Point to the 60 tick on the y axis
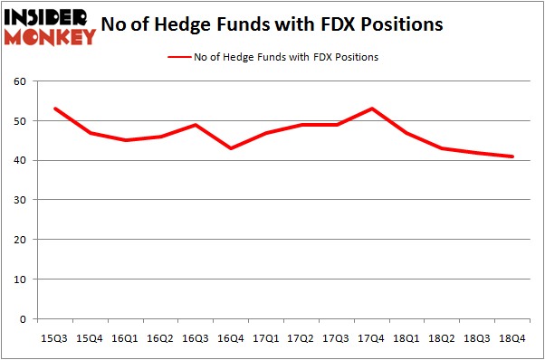(x=22, y=81)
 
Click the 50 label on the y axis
(x=22, y=121)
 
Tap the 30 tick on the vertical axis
(x=22, y=200)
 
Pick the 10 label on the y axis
(x=22, y=279)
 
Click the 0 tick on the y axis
(x=24, y=319)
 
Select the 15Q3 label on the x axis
(x=56, y=337)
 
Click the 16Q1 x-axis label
(x=126, y=337)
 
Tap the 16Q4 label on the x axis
(x=231, y=337)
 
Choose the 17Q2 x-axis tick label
(x=301, y=337)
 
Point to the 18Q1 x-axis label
(x=406, y=337)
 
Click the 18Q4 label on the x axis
(x=512, y=337)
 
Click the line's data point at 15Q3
(x=56, y=109)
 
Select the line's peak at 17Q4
(x=371, y=109)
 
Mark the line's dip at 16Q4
(x=231, y=148)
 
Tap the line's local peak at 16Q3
(x=196, y=125)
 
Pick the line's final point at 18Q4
(x=512, y=156)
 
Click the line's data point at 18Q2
(x=442, y=148)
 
